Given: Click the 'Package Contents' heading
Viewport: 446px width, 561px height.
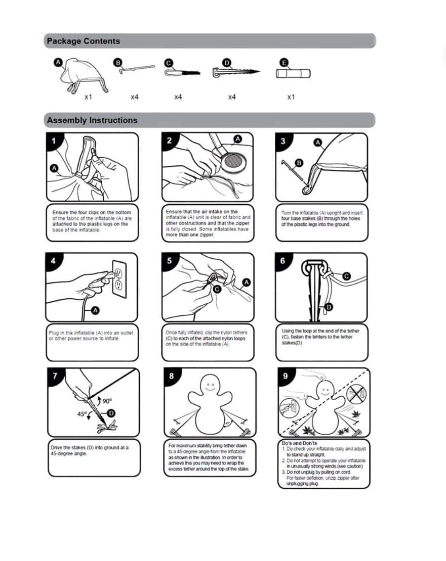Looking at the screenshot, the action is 84,41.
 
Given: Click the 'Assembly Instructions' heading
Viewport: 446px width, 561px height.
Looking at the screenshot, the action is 92,120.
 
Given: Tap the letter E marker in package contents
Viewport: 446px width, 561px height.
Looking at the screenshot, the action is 284,63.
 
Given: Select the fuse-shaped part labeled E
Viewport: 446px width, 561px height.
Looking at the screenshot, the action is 293,73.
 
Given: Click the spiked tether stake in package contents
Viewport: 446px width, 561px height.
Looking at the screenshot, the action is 236,72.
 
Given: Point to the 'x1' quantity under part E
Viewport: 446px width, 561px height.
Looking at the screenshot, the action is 291,97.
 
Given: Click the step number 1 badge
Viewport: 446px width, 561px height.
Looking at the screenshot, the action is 54,141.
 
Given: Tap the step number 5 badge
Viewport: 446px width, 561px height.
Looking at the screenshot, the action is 170,260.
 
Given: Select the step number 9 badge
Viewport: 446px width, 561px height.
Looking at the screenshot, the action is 286,376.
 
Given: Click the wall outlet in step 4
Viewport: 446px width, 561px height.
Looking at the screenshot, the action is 119,278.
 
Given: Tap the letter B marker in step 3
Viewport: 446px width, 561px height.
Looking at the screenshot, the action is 299,163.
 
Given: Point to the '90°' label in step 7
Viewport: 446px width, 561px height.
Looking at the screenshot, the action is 107,401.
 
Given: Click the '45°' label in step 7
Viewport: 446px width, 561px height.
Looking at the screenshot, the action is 82,414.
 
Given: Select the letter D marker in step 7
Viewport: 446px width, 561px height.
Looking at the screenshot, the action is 111,413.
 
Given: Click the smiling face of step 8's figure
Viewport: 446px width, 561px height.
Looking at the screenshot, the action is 210,386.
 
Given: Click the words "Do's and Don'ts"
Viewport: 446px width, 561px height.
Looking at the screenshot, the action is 299,443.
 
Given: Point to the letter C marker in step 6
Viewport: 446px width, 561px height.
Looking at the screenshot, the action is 346,276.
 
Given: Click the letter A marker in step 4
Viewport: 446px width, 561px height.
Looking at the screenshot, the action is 95,310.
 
